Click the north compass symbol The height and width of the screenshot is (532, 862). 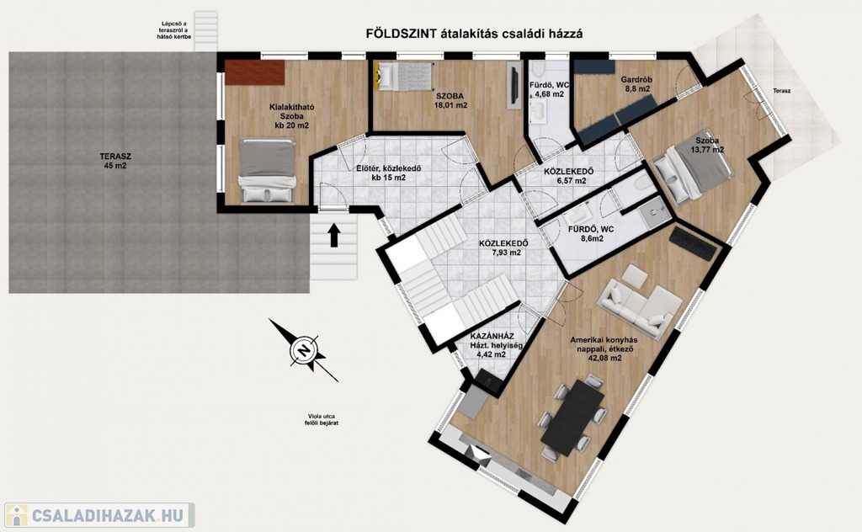click(x=303, y=350)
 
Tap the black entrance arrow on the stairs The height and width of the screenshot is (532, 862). click(x=334, y=236)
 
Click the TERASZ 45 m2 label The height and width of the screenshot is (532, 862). click(x=115, y=161)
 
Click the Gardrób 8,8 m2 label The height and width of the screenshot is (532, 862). click(x=636, y=83)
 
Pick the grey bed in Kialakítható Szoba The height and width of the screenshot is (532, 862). click(x=267, y=171)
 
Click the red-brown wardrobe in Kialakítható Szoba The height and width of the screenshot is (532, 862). click(x=254, y=72)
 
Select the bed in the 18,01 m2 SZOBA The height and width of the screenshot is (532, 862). click(x=403, y=76)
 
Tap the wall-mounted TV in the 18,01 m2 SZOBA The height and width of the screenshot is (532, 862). click(x=515, y=85)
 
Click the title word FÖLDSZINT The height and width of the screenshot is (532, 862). click(x=402, y=34)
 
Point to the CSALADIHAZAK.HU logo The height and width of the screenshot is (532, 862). click(x=99, y=516)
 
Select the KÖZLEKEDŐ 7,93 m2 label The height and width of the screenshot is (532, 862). click(x=503, y=247)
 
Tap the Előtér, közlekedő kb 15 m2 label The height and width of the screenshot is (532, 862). click(x=388, y=173)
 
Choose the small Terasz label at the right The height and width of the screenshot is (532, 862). click(x=781, y=91)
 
